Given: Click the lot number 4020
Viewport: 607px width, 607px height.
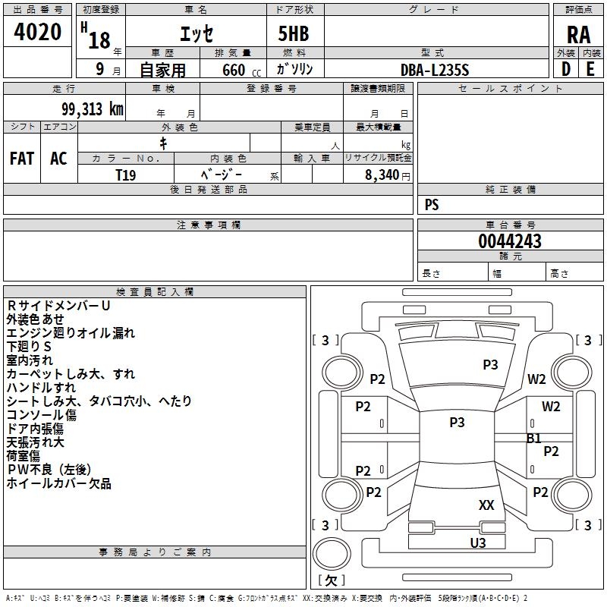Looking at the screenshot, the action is (x=38, y=33).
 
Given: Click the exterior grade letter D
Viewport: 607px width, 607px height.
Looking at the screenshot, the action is (x=565, y=69).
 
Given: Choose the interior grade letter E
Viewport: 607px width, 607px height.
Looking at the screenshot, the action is (x=590, y=69).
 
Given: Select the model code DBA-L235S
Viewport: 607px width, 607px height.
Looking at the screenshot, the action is (x=436, y=70).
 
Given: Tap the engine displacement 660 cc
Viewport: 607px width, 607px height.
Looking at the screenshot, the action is (x=232, y=70).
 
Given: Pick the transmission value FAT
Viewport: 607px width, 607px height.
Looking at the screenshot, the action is (x=21, y=159).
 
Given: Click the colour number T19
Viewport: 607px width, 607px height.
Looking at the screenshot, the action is (x=126, y=175).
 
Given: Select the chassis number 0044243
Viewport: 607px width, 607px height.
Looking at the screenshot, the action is (x=510, y=241).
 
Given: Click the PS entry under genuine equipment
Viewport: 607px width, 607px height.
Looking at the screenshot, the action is (x=432, y=204).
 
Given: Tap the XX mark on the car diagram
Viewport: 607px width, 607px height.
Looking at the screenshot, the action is (x=486, y=505).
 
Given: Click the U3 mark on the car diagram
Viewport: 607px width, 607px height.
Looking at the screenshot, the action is (x=478, y=543).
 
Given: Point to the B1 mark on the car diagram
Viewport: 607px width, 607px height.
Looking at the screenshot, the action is (x=534, y=438).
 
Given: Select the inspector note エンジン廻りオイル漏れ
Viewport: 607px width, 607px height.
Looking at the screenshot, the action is (x=71, y=332).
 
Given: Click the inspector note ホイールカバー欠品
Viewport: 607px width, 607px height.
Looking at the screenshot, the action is (x=59, y=483).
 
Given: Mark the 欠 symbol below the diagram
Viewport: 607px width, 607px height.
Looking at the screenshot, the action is (x=331, y=580).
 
